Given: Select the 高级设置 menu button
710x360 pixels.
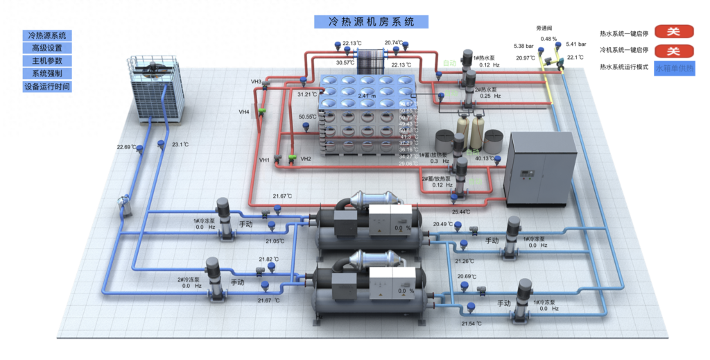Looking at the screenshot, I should (47, 48).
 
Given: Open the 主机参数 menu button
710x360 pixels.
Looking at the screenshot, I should (47, 61).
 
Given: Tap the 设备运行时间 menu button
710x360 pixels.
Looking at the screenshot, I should (47, 87).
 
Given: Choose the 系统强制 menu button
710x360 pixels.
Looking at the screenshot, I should (47, 74).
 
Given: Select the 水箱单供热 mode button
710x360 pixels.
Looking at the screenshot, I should (673, 69).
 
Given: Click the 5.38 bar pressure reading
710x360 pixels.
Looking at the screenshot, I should (523, 46).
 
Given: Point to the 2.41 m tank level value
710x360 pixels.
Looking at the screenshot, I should (367, 96).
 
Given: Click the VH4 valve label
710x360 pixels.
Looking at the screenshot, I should (244, 112).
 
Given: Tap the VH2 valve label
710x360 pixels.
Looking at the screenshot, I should (306, 159).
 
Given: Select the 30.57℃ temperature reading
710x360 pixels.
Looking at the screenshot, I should (345, 62).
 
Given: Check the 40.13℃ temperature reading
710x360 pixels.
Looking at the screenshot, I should (484, 159).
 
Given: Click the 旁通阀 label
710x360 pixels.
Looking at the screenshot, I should (544, 28).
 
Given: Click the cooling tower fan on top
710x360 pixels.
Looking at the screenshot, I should (153, 67).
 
